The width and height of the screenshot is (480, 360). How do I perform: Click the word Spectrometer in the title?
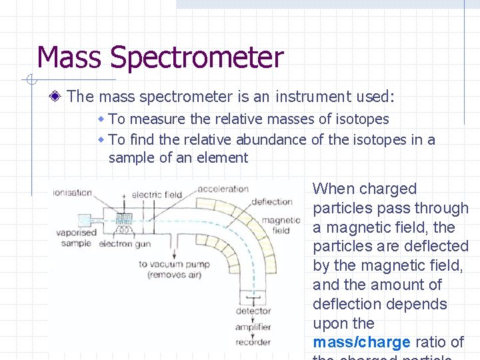197,58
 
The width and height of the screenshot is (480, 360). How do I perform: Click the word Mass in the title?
70,58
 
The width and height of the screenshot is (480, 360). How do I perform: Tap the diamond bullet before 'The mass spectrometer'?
58,97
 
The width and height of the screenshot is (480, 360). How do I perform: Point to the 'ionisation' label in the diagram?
73,193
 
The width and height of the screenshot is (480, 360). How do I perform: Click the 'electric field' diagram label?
157,195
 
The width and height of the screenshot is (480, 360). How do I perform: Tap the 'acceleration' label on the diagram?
223,189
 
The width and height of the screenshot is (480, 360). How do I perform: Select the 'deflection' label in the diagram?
272,201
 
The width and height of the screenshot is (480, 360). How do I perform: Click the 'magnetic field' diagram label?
281,225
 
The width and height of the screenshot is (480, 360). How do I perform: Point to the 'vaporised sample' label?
78,238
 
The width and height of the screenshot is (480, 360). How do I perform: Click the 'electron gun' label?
121,244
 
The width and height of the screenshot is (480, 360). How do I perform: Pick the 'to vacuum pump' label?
174,264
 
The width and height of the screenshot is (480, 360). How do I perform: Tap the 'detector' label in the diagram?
253,311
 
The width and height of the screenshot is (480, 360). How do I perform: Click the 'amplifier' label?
253,327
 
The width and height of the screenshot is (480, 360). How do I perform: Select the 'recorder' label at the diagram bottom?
253,342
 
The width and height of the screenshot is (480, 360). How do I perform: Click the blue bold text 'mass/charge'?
361,343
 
